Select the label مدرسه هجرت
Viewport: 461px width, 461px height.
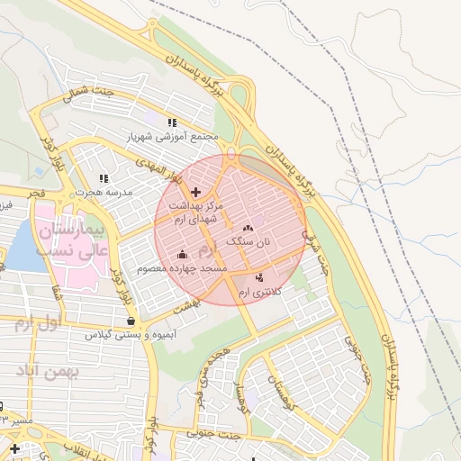(103, 193)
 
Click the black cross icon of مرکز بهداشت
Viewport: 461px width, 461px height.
(195, 192)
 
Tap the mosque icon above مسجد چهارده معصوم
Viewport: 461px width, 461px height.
(183, 254)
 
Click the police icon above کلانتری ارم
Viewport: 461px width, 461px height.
(260, 277)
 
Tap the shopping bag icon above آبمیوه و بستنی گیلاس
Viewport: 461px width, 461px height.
(131, 320)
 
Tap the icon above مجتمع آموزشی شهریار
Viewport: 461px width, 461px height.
(172, 122)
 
